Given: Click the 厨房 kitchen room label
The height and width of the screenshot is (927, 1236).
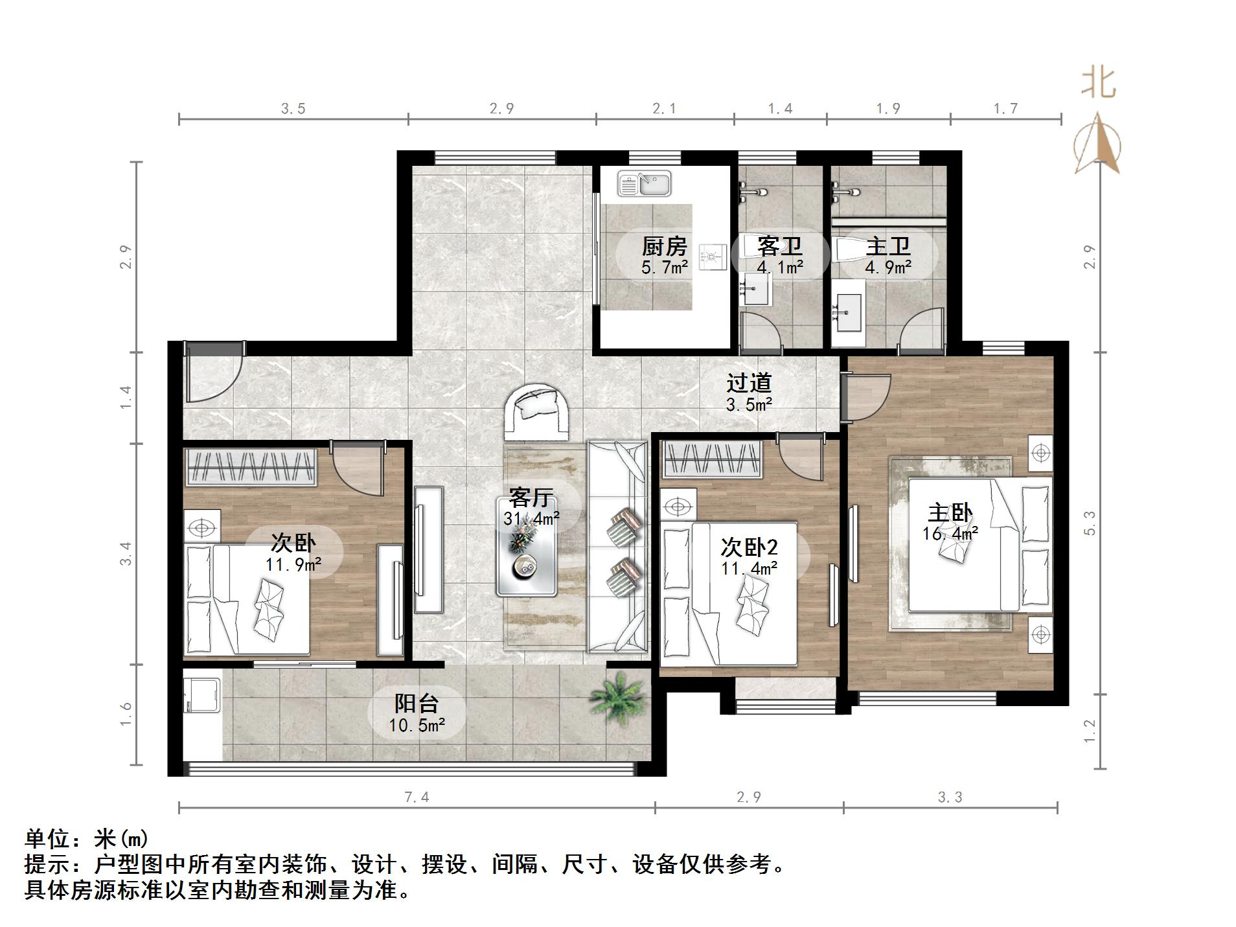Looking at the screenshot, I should click(x=664, y=247).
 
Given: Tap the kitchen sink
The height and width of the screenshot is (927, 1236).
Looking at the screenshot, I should click(x=644, y=183).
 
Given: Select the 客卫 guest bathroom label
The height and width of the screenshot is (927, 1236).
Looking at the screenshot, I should click(x=779, y=247).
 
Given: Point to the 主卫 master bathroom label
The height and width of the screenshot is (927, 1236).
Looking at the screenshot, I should click(x=888, y=247).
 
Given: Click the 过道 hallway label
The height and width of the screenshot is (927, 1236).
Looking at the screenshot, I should click(x=749, y=383).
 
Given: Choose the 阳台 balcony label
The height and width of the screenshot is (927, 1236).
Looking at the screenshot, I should click(x=417, y=703).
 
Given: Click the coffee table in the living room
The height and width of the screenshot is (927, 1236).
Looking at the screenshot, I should click(x=526, y=546).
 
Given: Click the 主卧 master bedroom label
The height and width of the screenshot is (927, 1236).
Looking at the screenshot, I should click(x=950, y=513).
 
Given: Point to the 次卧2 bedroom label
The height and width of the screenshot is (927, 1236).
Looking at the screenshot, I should click(x=749, y=547).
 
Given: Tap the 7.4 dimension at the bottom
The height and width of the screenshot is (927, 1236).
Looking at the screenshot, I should click(x=417, y=797).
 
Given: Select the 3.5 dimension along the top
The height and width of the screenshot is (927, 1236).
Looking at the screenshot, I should click(x=293, y=109).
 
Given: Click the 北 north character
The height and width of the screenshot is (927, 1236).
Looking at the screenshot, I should click(x=1098, y=84).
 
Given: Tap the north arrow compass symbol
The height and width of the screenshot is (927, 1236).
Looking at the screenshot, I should click(x=1098, y=146).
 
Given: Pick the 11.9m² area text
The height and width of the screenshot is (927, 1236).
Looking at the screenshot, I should click(x=293, y=565).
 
